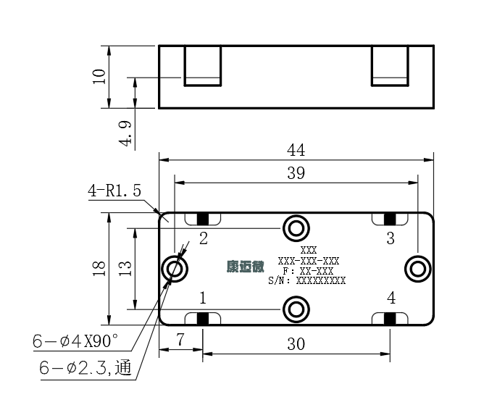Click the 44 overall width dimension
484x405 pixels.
296,150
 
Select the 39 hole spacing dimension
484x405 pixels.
296,173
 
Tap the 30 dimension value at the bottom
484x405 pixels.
296,344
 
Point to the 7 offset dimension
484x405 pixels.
180,340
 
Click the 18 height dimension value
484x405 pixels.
99,269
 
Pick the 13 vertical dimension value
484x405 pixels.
125,269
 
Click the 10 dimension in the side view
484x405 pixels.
99,77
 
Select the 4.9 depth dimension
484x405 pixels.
125,133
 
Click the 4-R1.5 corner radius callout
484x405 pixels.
114,191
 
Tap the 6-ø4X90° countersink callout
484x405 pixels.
75,341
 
